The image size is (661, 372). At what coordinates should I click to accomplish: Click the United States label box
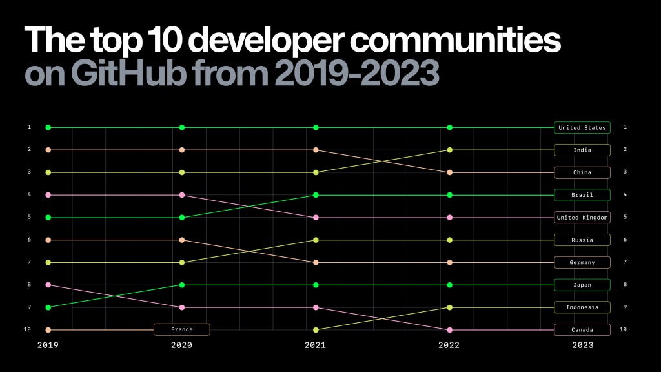(582, 127)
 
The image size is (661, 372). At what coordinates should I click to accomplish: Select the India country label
(582, 150)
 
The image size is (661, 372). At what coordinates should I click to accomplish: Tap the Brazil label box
(582, 194)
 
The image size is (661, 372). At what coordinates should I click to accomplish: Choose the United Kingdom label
(582, 218)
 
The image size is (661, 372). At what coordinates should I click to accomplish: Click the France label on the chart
(181, 329)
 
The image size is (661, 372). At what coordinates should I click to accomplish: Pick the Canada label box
(582, 330)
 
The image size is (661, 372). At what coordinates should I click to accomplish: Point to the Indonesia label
(582, 307)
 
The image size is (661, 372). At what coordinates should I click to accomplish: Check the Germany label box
(582, 262)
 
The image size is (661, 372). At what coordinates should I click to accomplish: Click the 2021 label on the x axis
(315, 346)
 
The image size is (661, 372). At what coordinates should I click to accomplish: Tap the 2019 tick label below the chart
(48, 346)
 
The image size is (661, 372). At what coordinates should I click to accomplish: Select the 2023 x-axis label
(582, 346)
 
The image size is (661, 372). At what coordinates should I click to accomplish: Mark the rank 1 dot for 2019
(48, 127)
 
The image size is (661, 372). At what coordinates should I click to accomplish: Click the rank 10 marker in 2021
(316, 330)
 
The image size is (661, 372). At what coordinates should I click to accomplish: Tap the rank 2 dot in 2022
(449, 150)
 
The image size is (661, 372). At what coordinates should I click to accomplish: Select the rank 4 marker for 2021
(316, 194)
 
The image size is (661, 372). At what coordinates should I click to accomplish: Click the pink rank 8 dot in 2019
(48, 285)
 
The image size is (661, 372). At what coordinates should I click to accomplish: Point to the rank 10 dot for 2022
(449, 330)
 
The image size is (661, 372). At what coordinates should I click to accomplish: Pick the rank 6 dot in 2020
(182, 240)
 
